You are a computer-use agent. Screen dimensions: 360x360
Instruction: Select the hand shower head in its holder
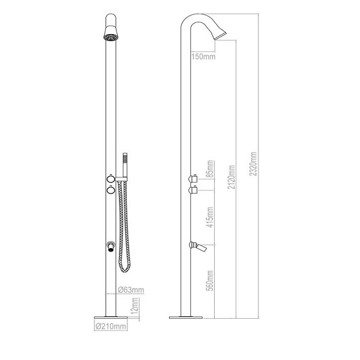[126, 161]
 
